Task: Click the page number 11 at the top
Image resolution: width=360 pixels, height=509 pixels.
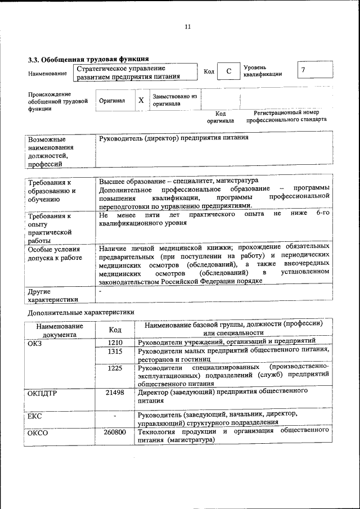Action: point(187,26)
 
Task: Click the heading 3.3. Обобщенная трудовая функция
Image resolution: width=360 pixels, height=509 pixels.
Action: point(88,58)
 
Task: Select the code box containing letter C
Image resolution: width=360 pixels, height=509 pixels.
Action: point(228,71)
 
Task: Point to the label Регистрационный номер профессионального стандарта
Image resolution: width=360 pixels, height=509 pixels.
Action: point(286,116)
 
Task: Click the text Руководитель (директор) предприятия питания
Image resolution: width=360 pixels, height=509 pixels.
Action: point(173,138)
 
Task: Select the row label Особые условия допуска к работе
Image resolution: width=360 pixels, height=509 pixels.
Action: point(55,253)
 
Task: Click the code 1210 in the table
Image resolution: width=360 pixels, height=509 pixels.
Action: point(115,342)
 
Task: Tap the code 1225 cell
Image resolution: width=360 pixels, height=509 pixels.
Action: point(115,368)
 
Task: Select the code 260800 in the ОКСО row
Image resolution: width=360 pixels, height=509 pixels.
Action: point(115,432)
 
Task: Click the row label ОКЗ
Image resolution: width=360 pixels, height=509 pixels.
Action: point(35,342)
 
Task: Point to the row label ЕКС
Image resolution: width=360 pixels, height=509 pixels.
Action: point(35,416)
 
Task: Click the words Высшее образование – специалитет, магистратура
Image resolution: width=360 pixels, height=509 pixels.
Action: point(178,181)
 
